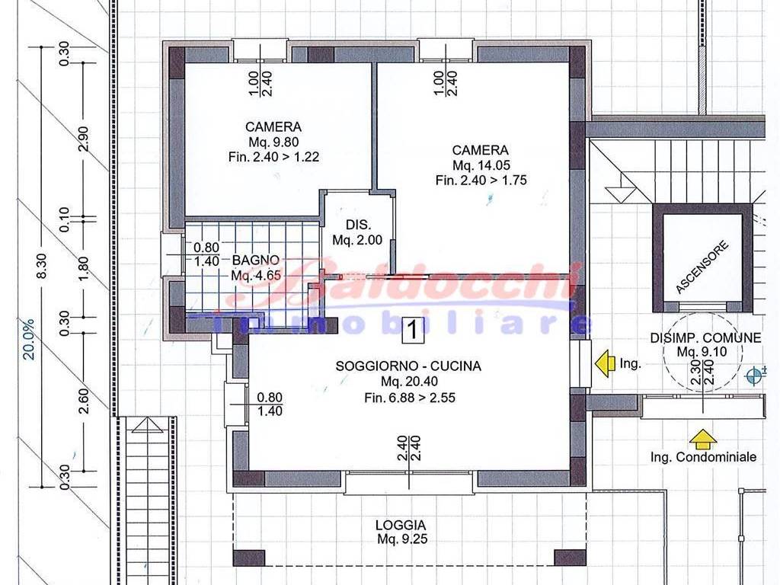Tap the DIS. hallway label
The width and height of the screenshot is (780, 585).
[359, 225]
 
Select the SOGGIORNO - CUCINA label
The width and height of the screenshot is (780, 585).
[408, 366]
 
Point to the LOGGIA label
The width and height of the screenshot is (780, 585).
[401, 525]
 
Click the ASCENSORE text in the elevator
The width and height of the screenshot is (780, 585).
[702, 267]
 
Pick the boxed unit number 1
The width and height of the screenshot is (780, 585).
[412, 329]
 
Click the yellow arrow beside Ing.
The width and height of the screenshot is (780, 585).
[605, 363]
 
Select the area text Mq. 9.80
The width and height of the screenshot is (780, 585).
[273, 142]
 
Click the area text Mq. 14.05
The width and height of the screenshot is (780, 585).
[481, 165]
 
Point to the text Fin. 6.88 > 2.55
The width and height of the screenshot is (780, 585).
[409, 398]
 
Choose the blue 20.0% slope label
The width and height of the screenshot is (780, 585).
[30, 339]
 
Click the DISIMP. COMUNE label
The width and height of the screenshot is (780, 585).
[705, 337]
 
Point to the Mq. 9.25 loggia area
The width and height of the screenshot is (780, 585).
[402, 539]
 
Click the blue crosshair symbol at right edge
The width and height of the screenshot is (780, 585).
[755, 375]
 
